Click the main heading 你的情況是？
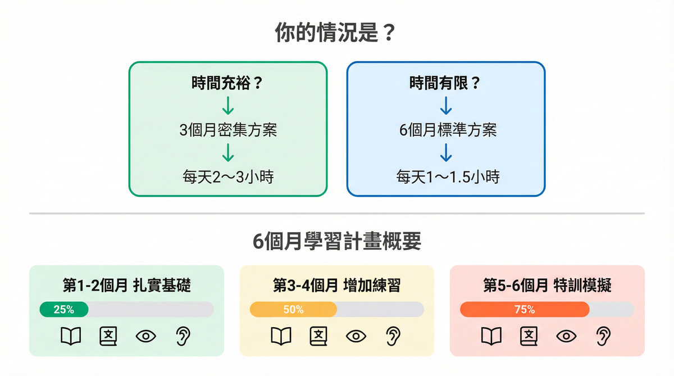pyautogui.click(x=336, y=33)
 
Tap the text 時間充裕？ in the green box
pyautogui.click(x=227, y=84)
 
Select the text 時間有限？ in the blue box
pyautogui.click(x=445, y=84)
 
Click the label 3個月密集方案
pyautogui.click(x=227, y=130)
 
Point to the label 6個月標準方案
pyautogui.click(x=445, y=130)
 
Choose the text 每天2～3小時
pyautogui.click(x=227, y=176)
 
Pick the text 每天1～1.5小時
pyautogui.click(x=445, y=176)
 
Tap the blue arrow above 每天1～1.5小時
pyautogui.click(x=445, y=153)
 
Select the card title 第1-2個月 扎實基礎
pyautogui.click(x=126, y=285)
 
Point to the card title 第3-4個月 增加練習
pyautogui.click(x=336, y=285)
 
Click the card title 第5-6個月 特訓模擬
pyautogui.click(x=547, y=285)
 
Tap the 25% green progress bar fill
pyautogui.click(x=63, y=309)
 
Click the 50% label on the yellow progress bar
pyautogui.click(x=293, y=309)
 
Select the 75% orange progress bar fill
pyautogui.click(x=524, y=309)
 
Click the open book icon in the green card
pyautogui.click(x=71, y=336)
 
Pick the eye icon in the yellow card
pyautogui.click(x=356, y=336)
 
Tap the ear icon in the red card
pyautogui.click(x=603, y=336)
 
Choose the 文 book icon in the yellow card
pyautogui.click(x=318, y=336)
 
